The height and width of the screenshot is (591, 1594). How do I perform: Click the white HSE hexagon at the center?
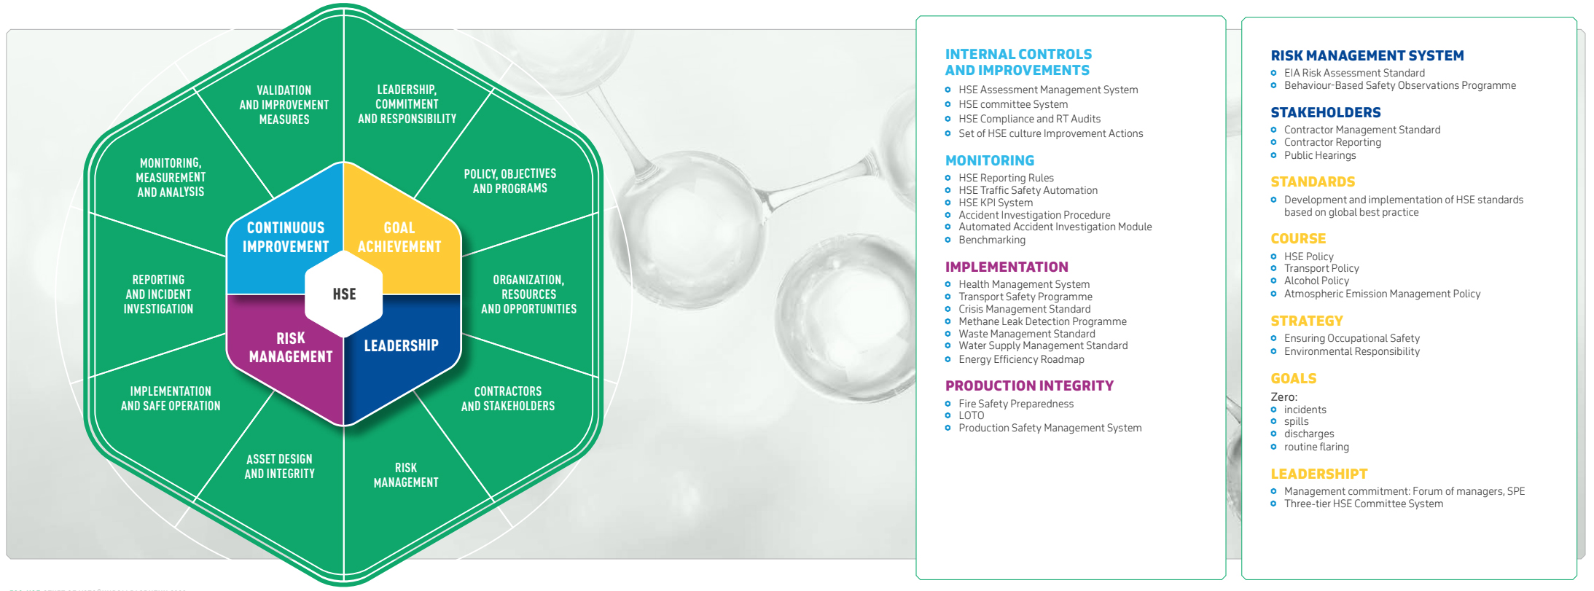(344, 294)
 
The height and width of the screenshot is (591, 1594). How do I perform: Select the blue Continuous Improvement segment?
(284, 233)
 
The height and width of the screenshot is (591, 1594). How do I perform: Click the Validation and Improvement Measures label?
(284, 105)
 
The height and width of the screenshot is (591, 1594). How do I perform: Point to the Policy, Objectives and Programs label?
(510, 181)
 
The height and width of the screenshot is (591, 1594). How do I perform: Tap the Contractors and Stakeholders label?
(508, 399)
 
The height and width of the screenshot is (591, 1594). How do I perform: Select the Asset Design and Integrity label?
(280, 466)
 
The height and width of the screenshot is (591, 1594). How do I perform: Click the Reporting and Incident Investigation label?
(158, 294)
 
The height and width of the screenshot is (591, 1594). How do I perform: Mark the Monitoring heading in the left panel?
(990, 160)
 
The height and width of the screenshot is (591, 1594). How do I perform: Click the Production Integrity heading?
(1029, 385)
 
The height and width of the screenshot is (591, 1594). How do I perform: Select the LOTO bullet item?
(972, 415)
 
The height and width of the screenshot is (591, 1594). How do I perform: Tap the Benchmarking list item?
(992, 240)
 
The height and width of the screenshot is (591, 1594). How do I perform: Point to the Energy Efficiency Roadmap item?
(1021, 359)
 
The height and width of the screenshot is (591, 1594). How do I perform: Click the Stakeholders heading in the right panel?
(1326, 112)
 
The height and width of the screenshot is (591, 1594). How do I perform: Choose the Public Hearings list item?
(1320, 155)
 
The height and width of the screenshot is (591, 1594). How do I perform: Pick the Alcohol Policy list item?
(1316, 281)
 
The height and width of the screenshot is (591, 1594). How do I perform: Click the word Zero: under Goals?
(1284, 397)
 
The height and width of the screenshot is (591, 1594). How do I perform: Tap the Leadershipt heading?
(1319, 474)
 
